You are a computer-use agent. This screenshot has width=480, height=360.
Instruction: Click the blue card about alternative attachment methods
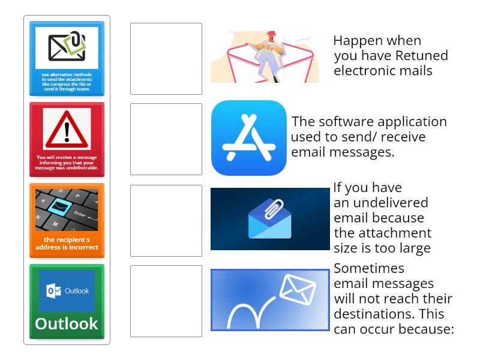(x=67, y=58)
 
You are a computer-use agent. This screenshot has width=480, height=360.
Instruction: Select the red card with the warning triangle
(x=67, y=139)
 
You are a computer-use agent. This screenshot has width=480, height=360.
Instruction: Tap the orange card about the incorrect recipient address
(x=67, y=220)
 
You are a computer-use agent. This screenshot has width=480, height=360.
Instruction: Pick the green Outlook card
(x=67, y=301)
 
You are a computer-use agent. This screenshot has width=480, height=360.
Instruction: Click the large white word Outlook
(x=67, y=324)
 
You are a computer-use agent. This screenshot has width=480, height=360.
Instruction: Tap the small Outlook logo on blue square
(x=67, y=290)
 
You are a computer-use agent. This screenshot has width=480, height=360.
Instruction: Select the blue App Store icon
(x=249, y=138)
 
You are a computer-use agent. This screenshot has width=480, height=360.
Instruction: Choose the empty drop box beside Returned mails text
(x=166, y=59)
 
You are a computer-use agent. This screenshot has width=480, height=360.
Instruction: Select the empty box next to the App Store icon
(x=166, y=139)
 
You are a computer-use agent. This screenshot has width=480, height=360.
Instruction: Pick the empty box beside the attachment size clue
(x=166, y=221)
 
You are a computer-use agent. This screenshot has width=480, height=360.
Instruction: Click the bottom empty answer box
(x=166, y=301)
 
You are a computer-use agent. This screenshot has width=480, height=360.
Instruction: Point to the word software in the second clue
(x=342, y=122)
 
